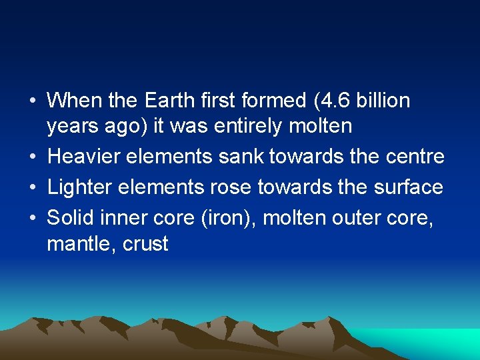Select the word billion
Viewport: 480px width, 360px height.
coord(383,101)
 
